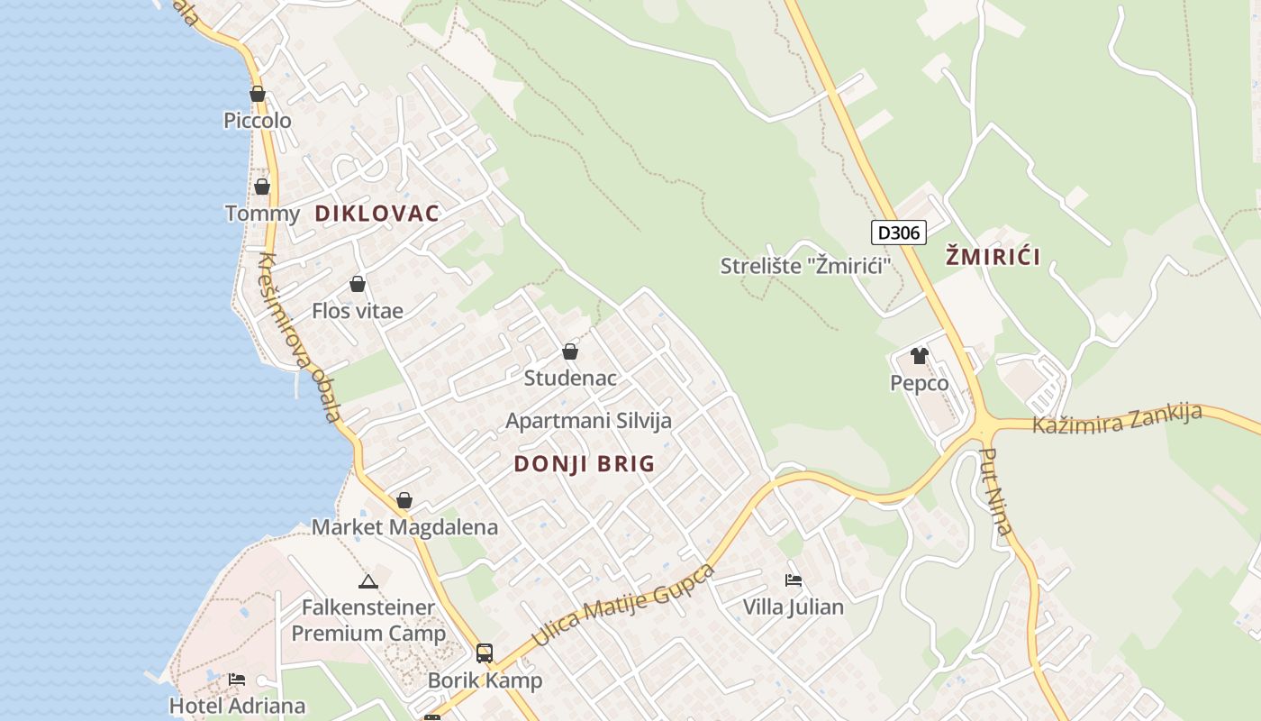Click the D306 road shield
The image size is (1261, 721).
click(899, 233)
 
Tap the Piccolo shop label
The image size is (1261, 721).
click(258, 120)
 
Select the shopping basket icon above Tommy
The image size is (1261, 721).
click(262, 187)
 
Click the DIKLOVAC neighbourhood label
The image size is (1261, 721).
click(377, 214)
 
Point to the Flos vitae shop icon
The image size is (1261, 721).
click(358, 284)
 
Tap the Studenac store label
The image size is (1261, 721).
click(570, 378)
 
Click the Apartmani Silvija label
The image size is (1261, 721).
click(588, 421)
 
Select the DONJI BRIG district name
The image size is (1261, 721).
click(584, 464)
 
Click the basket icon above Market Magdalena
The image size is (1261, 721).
click(404, 500)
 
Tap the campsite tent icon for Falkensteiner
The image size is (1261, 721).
click(367, 581)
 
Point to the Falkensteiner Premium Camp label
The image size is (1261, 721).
click(367, 620)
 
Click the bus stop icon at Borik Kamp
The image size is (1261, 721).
click(485, 653)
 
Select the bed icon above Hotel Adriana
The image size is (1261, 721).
click(237, 679)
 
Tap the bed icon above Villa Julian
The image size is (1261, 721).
click(794, 580)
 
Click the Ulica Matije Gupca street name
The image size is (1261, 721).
click(622, 605)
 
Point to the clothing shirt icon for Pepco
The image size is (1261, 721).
click(919, 356)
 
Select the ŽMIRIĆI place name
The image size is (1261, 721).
click(993, 257)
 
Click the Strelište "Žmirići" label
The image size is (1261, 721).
click(805, 266)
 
